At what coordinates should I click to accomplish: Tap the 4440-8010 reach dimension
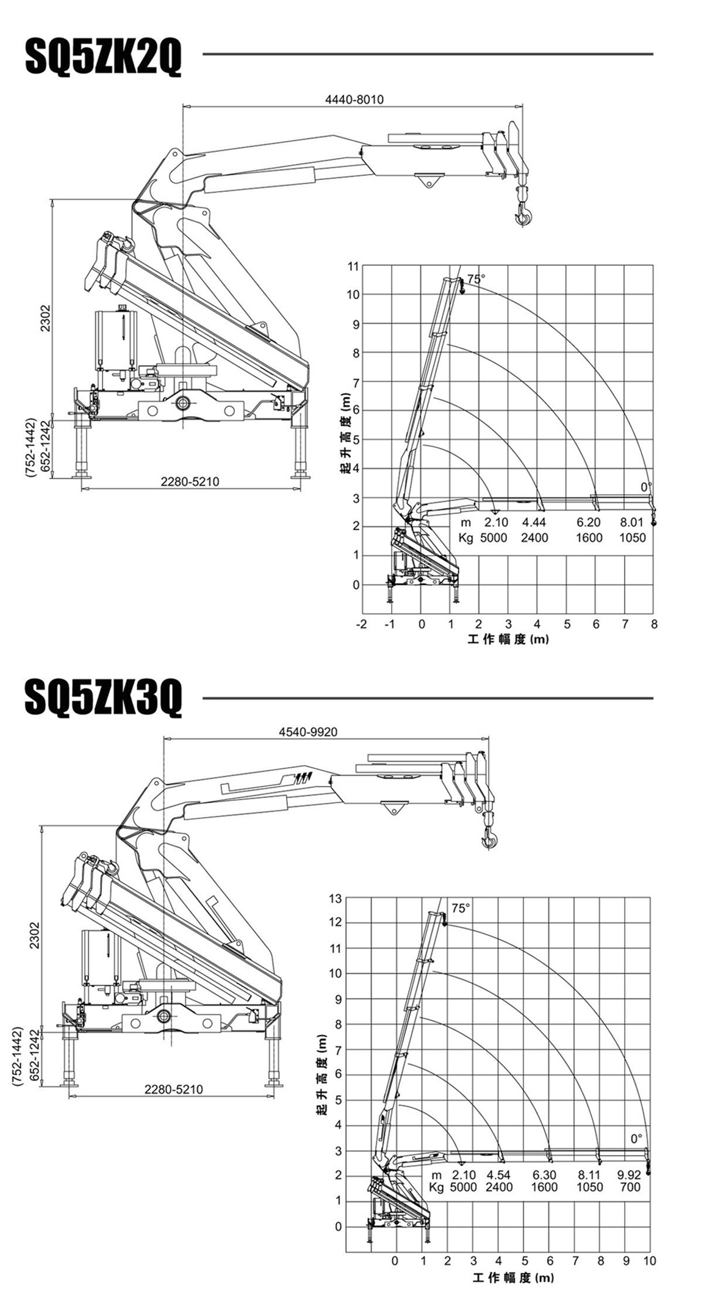pos(354,99)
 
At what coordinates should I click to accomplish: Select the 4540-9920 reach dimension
pos(308,731)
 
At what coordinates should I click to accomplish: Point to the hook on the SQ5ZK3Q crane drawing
pos(489,840)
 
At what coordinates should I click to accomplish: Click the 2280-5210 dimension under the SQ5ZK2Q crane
pos(190,482)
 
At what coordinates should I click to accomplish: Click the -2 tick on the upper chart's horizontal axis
pos(362,624)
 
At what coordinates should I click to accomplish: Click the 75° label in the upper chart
pos(476,279)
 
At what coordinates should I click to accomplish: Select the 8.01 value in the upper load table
pos(632,522)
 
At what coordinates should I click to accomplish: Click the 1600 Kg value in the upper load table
pos(588,537)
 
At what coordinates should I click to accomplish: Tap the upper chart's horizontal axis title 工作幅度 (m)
pos(508,639)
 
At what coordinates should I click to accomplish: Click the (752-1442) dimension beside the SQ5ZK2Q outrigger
pos(32,448)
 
